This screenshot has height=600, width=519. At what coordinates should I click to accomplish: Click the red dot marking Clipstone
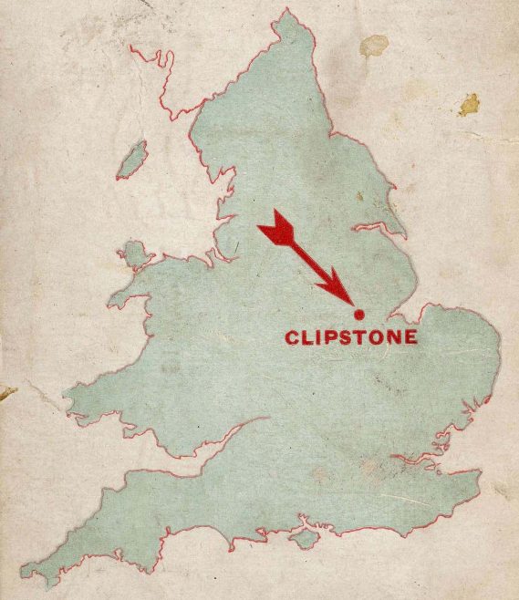click(358, 313)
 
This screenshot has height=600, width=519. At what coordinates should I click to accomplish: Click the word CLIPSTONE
click(352, 337)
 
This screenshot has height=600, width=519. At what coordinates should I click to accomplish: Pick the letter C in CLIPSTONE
click(293, 337)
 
